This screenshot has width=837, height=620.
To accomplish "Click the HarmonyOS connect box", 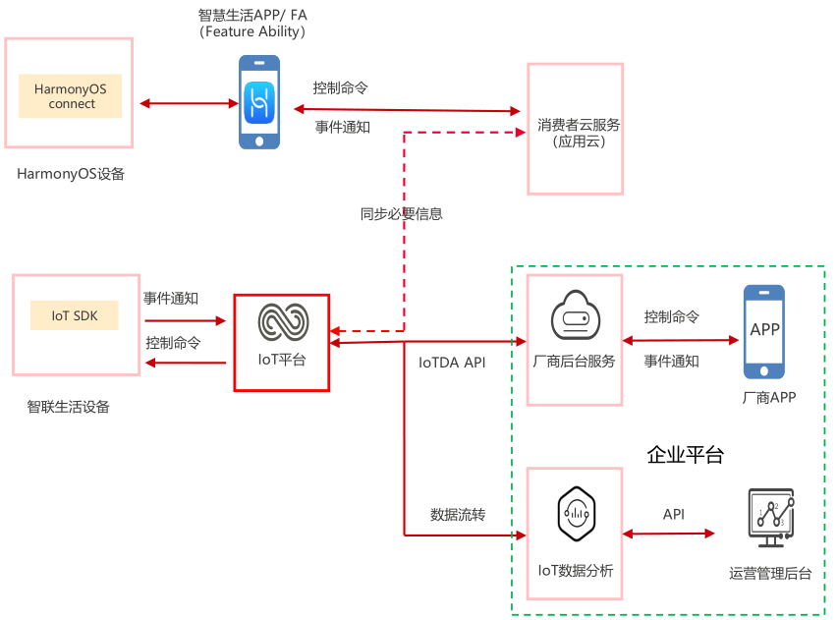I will click(x=71, y=95).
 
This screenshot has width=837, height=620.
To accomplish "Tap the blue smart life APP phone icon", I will click(x=259, y=102).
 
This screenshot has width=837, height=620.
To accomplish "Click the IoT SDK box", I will click(x=74, y=315).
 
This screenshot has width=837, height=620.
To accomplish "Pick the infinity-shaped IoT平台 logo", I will click(x=283, y=322).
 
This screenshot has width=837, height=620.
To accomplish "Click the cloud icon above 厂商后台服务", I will click(x=574, y=315).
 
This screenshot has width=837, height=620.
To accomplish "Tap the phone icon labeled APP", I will click(x=763, y=330).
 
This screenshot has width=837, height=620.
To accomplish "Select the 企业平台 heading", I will click(x=685, y=455).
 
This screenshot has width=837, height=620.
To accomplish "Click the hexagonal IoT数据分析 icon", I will click(x=575, y=514).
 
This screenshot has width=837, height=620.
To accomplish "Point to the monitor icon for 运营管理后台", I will click(x=770, y=518).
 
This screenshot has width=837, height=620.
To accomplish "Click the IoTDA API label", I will click(x=452, y=363).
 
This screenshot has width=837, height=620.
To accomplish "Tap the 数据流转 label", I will click(x=458, y=514).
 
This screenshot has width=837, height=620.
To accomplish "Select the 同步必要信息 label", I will click(x=401, y=213).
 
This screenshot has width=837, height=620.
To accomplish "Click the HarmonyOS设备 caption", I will click(x=71, y=174).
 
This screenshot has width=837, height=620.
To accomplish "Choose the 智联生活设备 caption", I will click(x=69, y=406).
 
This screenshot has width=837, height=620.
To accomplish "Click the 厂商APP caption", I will click(x=769, y=398).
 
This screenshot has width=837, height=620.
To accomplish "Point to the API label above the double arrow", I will click(x=673, y=514).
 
